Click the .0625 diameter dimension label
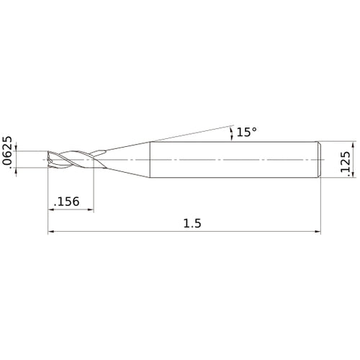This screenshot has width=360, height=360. coord(7,153)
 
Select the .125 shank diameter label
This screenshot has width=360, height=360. coord(346,162)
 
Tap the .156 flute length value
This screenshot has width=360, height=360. coord(67,202)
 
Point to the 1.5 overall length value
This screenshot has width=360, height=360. coord(192,223)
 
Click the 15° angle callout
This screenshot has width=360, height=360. coord(246,132)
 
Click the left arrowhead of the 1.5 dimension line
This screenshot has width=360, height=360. coord(51,232)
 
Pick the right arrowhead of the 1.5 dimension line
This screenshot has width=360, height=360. coord(318,232)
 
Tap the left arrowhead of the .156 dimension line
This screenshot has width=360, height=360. coord(51,210)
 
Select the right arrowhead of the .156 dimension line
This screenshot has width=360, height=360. coord(91,210)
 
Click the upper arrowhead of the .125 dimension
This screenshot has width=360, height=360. coord(353,145)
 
